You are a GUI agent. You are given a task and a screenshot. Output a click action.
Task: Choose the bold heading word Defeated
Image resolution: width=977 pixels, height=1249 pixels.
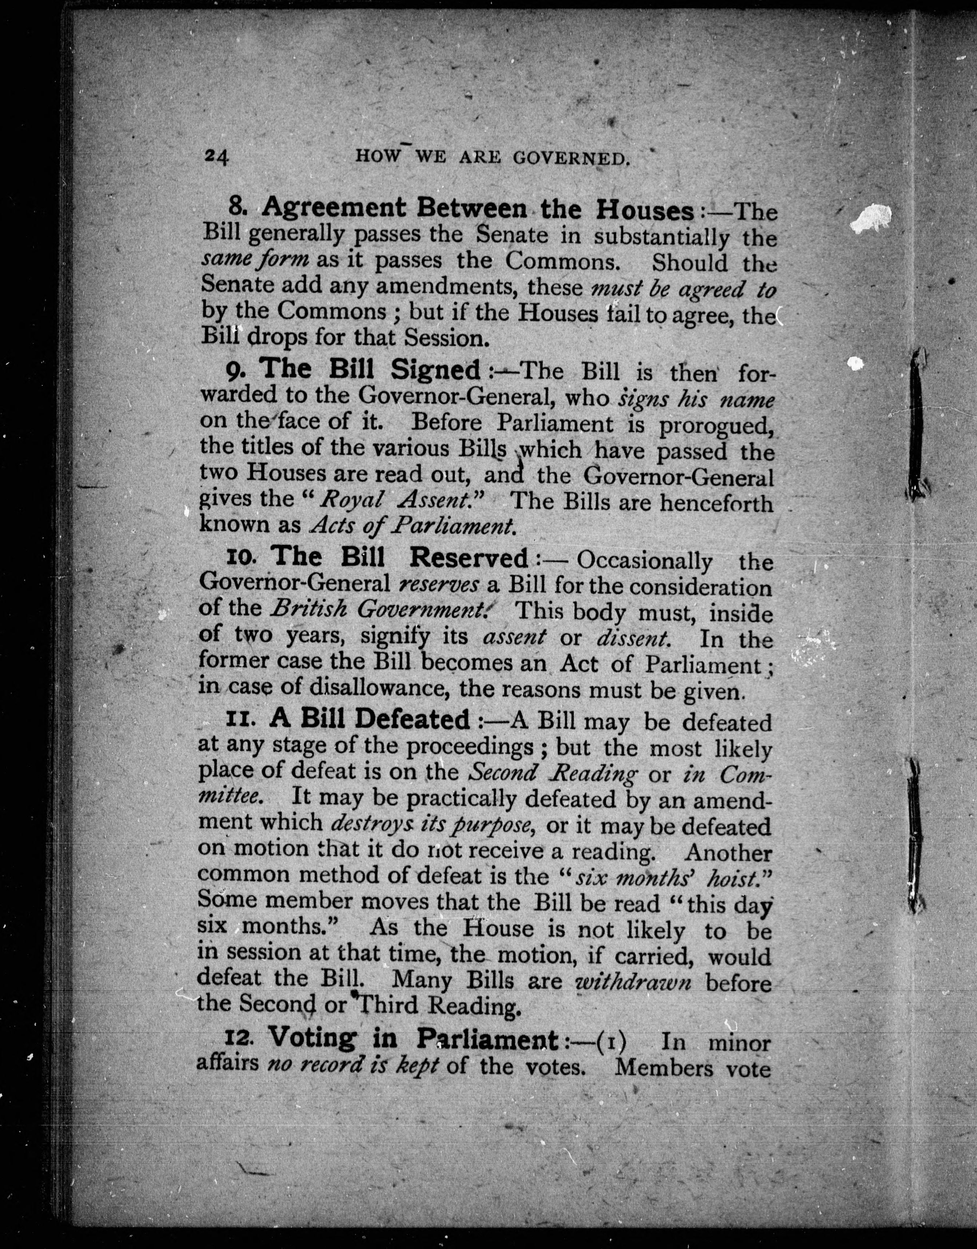coord(412,718)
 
